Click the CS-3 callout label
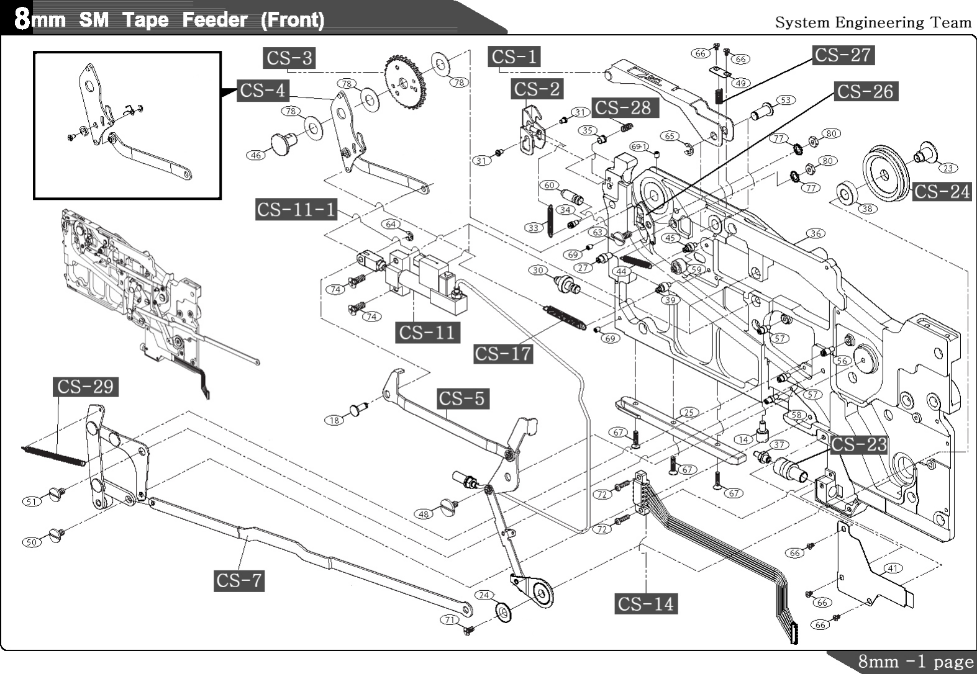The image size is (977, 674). pos(289,58)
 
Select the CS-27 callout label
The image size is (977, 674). pos(843,55)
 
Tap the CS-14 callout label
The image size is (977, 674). pos(646,603)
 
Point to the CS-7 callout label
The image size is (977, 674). pos(239,581)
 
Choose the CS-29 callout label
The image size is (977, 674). pos(85,387)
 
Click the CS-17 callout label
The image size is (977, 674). pos(503,354)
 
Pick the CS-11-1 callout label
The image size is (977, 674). pos(296,209)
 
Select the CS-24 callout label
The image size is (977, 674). pos(942,192)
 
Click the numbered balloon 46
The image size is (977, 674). pos(256,155)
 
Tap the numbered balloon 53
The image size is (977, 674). pos(786,99)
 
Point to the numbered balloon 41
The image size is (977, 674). pos(893,568)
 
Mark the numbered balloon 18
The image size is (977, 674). pos(334,420)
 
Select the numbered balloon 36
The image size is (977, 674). pos(816,233)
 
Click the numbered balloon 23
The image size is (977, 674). pos(948,168)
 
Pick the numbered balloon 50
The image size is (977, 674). pos(32,542)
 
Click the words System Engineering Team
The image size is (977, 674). pos(873,23)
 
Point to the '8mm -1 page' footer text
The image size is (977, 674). pos(916,662)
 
